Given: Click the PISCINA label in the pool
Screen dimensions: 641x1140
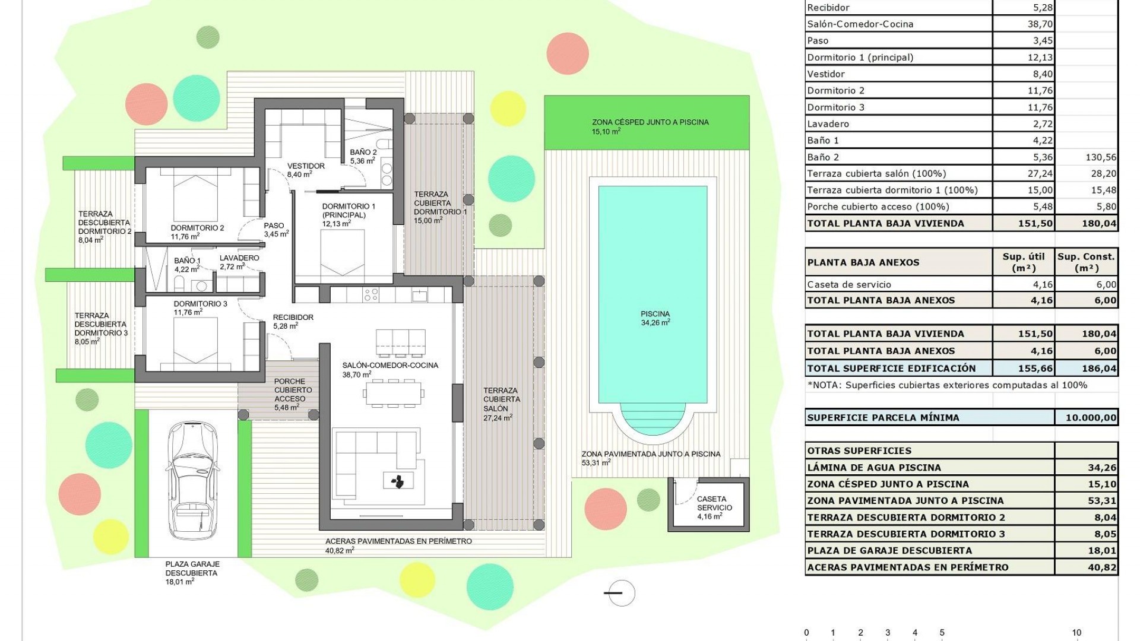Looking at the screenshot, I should tap(655, 315).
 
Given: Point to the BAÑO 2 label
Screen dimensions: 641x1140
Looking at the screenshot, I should tap(363, 153).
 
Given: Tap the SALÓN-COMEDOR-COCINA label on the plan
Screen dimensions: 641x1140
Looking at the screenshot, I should tap(390, 366).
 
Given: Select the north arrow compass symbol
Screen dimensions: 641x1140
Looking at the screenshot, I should tap(620, 592).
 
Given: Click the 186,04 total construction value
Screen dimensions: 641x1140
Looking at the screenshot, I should tap(1098, 369).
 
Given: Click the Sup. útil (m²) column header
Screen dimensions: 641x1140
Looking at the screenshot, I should tap(1023, 262).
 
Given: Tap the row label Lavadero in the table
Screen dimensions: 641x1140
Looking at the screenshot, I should tap(828, 124).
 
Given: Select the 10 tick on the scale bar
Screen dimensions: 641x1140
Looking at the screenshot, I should tap(1076, 633).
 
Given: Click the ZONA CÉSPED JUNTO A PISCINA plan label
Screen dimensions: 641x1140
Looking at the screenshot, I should tap(650, 122).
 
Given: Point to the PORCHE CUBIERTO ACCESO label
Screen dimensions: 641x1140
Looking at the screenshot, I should tap(290, 391).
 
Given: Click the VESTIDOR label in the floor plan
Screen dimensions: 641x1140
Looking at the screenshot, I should tap(306, 166).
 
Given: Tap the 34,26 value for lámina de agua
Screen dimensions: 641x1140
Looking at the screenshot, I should tap(1103, 468).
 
